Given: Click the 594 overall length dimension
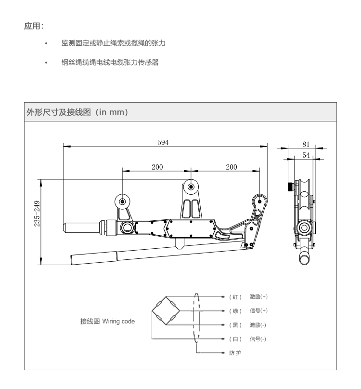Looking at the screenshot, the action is point(163,142).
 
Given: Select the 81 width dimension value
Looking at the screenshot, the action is point(306,144).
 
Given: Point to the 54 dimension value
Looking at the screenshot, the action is point(306,155).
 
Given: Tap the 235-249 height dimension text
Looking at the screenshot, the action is point(37,214).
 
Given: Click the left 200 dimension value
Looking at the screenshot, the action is point(157,167).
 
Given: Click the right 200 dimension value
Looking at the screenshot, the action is point(231,167).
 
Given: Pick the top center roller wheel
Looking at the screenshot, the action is point(191,187).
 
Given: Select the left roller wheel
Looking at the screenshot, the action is point(122,201).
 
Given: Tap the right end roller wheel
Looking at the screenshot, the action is point(259,201).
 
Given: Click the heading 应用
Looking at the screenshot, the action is point(34,26).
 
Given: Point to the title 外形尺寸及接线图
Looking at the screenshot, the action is point(58,112).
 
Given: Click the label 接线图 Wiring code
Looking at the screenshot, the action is point(107,321).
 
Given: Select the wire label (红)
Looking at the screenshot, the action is point(235,297).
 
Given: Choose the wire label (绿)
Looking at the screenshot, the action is point(235,311).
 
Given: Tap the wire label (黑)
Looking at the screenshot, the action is point(235,325).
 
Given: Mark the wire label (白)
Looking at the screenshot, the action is point(235,339).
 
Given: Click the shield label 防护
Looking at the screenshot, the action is point(235,353).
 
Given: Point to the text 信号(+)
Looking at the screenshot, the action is point(258,310).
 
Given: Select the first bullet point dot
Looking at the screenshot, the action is point(46,43).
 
